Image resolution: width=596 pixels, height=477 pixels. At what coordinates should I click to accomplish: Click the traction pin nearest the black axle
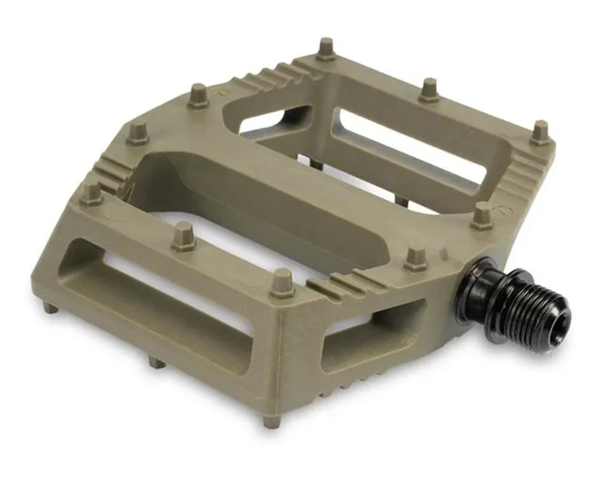(416, 256)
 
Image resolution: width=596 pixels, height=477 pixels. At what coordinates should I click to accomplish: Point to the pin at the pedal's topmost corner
(326, 49)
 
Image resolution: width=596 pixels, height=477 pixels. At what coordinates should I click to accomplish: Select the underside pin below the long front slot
(156, 361)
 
